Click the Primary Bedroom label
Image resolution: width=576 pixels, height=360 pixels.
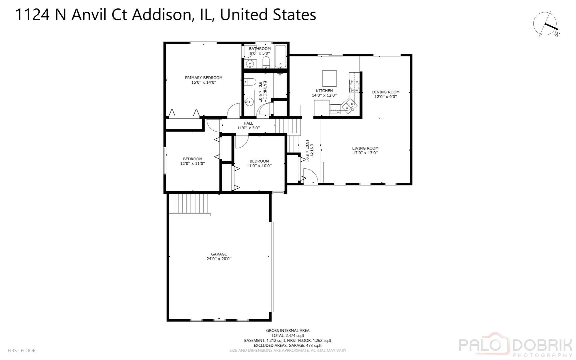pyautogui.click(x=204, y=78)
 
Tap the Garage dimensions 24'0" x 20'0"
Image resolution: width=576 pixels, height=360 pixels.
pyautogui.click(x=219, y=259)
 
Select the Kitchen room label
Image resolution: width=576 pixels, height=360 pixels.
pyautogui.click(x=324, y=91)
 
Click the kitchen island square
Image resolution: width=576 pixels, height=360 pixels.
pyautogui.click(x=329, y=78)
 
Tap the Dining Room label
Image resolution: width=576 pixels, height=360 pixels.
pyautogui.click(x=385, y=92)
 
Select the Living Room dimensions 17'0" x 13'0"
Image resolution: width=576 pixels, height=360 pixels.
pyautogui.click(x=365, y=153)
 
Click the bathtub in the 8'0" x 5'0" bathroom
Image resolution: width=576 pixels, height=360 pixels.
pyautogui.click(x=281, y=56)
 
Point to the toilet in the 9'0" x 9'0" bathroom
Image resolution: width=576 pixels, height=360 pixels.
pyautogui.click(x=250, y=82)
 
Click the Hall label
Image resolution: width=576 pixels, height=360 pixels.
pyautogui.click(x=248, y=123)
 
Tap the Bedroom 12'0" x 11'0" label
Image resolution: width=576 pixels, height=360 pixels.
pyautogui.click(x=192, y=159)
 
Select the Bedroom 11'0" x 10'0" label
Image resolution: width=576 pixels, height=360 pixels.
pyautogui.click(x=259, y=161)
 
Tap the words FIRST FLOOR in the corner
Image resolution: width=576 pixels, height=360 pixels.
pyautogui.click(x=22, y=350)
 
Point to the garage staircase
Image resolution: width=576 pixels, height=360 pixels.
pyautogui.click(x=189, y=204)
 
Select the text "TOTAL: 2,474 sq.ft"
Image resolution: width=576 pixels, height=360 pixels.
pyautogui.click(x=288, y=336)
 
